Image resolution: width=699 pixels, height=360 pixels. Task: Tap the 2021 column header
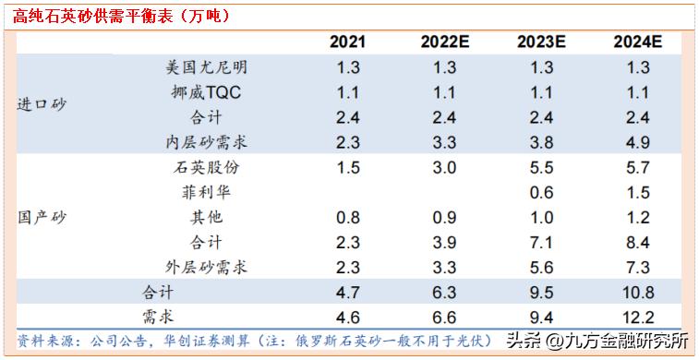[347, 42]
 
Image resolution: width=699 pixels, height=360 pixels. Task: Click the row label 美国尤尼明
[207, 67]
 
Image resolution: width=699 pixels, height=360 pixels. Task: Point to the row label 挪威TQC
[207, 92]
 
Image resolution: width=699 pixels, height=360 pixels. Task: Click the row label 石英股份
[207, 168]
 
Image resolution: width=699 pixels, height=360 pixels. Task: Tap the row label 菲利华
[207, 193]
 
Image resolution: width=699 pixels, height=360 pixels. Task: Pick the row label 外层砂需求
[207, 268]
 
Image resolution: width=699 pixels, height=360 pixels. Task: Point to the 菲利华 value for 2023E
[542, 193]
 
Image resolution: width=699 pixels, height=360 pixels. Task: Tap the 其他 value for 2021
[347, 218]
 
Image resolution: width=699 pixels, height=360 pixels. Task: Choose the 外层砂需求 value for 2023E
[542, 268]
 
